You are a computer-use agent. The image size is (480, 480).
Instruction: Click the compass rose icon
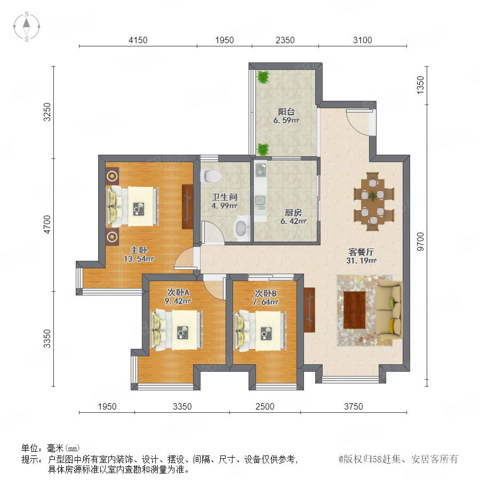pyautogui.click(x=27, y=27)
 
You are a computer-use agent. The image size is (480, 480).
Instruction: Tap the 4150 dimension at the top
pyautogui.click(x=138, y=40)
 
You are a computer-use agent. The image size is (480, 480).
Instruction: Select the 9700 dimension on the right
pyautogui.click(x=421, y=242)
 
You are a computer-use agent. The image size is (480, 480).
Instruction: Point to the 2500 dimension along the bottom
pyautogui.click(x=265, y=406)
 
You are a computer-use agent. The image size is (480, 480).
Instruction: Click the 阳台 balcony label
pyautogui.click(x=286, y=112)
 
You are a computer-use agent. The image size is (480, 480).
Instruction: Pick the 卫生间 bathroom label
pyautogui.click(x=225, y=197)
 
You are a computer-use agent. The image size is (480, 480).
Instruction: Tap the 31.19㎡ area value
pyautogui.click(x=361, y=260)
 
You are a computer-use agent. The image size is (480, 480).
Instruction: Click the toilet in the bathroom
pyautogui.click(x=211, y=176)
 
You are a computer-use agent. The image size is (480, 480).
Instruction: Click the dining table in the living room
pyautogui.click(x=373, y=201)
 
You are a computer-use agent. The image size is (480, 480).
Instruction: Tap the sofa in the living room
pyautogui.click(x=389, y=310)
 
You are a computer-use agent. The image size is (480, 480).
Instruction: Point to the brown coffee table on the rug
pyautogui.click(x=355, y=310)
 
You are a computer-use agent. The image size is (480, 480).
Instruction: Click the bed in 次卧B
pyautogui.click(x=260, y=331)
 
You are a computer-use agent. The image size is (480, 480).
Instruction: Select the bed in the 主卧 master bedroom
pyautogui.click(x=132, y=206)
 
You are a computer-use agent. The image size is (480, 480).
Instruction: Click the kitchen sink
pyautogui.click(x=260, y=200)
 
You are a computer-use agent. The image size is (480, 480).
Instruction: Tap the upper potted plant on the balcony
pyautogui.click(x=263, y=77)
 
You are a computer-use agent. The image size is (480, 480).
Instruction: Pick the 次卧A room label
pyautogui.click(x=178, y=292)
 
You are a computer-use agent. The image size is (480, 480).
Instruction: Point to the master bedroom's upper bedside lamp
pyautogui.click(x=113, y=175)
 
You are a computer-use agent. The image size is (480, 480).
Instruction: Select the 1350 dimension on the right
pyautogui.click(x=421, y=85)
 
